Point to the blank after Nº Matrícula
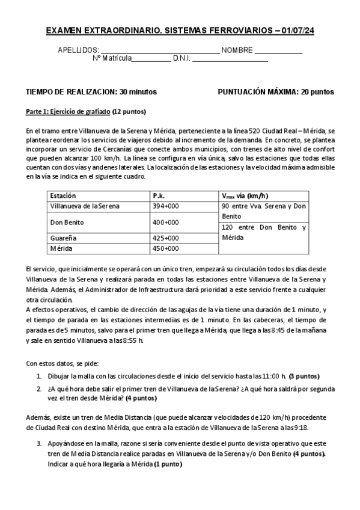(151, 60)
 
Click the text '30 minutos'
(138, 92)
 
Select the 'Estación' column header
(63, 195)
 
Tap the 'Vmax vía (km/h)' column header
(245, 195)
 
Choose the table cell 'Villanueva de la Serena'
(85, 206)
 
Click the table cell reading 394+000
(166, 206)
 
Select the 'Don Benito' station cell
(67, 222)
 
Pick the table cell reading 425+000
(166, 239)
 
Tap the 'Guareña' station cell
(64, 239)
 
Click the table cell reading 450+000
(166, 248)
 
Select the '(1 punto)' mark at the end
(168, 464)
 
